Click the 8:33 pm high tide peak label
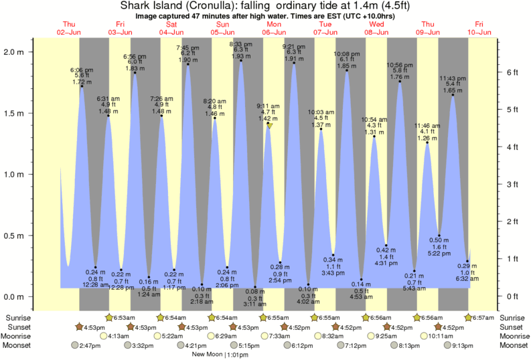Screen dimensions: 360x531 [x=241, y=49]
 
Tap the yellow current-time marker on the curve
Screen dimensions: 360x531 [x=269, y=125]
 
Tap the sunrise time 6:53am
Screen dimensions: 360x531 [x=121, y=317]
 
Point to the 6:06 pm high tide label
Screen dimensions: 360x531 [x=82, y=76]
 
